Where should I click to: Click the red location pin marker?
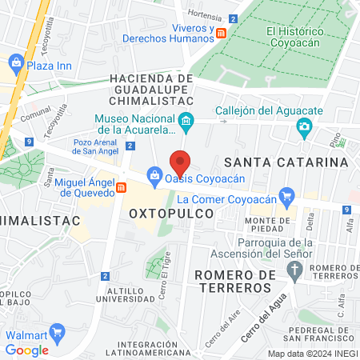[x=181, y=162]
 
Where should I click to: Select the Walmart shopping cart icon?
[x=56, y=332]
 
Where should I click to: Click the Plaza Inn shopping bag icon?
[x=14, y=61]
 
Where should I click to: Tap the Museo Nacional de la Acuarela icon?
[x=186, y=123]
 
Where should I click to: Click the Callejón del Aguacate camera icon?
[x=303, y=126]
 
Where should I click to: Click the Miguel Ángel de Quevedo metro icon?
[x=122, y=187]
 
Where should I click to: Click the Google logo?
[x=26, y=350]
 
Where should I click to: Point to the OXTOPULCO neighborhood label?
[x=171, y=214]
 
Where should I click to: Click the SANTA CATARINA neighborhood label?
[x=296, y=162]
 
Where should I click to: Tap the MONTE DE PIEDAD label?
[x=267, y=224]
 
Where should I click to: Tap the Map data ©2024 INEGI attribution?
[x=312, y=353]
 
